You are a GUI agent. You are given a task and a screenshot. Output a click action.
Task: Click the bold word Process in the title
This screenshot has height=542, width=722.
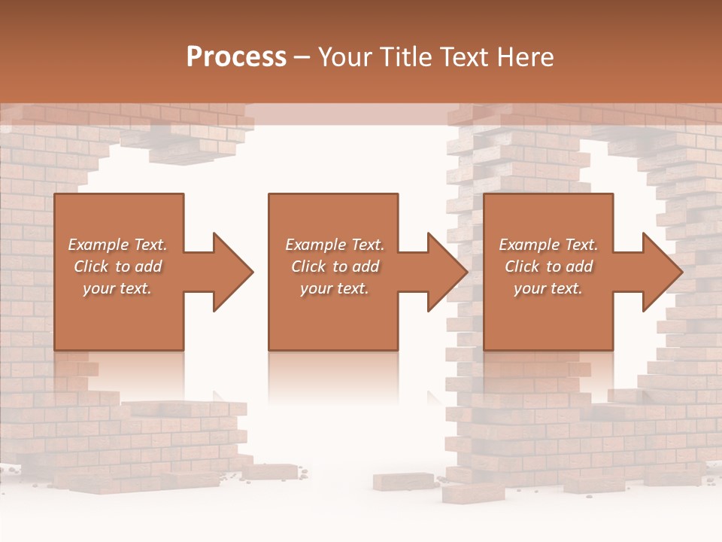pos(236,56)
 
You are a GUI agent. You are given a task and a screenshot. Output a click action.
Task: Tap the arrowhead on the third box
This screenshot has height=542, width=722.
pos(662,272)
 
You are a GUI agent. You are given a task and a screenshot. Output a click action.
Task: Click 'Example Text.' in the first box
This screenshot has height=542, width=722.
pos(118,245)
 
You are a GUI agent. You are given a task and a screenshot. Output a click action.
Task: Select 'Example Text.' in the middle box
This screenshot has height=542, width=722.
pos(335,245)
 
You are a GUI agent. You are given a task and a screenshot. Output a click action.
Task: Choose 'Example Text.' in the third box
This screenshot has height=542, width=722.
pos(548,245)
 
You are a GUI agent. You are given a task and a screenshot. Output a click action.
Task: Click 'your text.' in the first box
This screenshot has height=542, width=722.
pos(117,288)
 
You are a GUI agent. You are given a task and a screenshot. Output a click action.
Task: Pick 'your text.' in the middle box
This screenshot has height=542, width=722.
pos(334,288)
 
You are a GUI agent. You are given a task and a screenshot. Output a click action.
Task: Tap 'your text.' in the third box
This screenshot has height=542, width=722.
pos(548,288)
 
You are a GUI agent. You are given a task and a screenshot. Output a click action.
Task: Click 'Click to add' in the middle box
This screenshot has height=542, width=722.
pos(335,266)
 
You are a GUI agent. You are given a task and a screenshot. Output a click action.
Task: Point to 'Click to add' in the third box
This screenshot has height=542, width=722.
pos(549,266)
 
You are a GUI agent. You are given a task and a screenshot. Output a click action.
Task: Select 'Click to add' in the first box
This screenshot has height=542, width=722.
pos(118,266)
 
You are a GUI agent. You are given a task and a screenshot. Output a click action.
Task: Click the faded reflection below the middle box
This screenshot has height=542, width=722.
pos(333,376)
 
